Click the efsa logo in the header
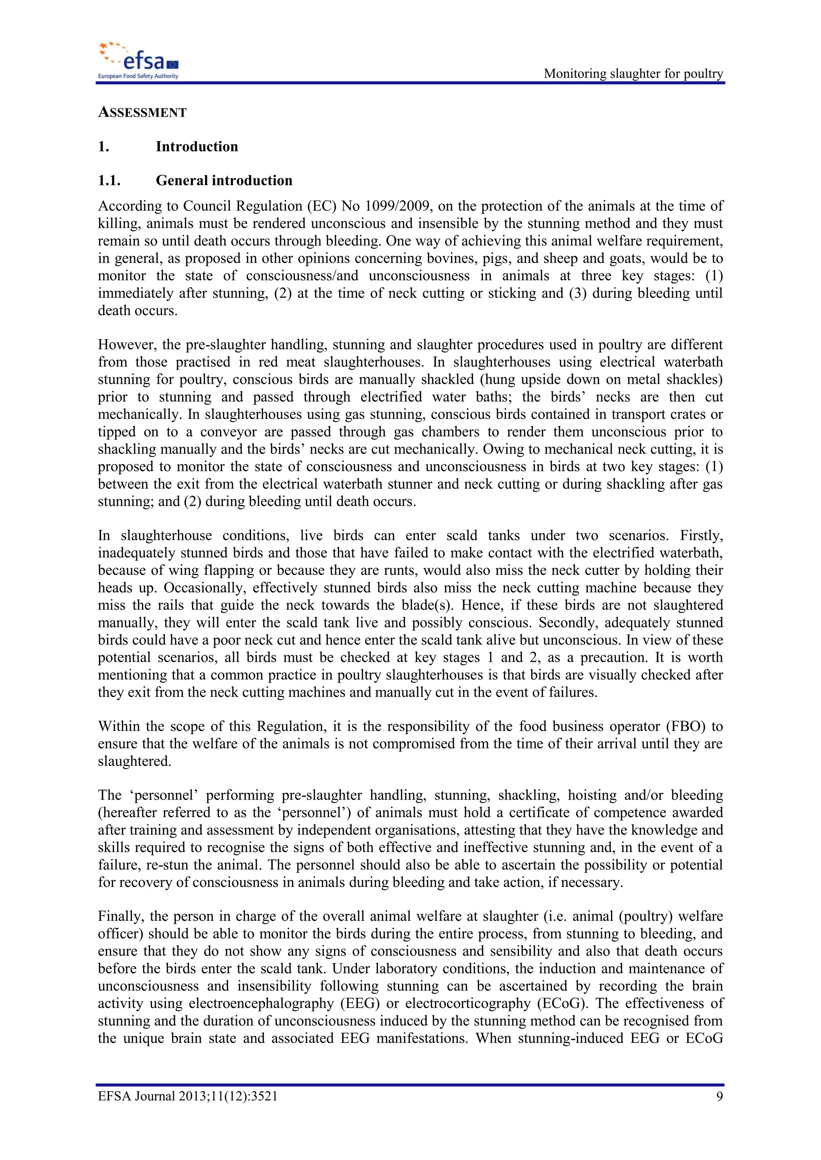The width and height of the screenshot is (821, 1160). [138, 60]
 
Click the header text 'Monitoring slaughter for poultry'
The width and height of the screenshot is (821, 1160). [633, 74]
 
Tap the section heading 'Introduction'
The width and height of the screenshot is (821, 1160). [197, 147]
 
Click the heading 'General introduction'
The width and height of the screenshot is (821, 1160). [224, 180]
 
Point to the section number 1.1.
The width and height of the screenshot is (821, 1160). [109, 180]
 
